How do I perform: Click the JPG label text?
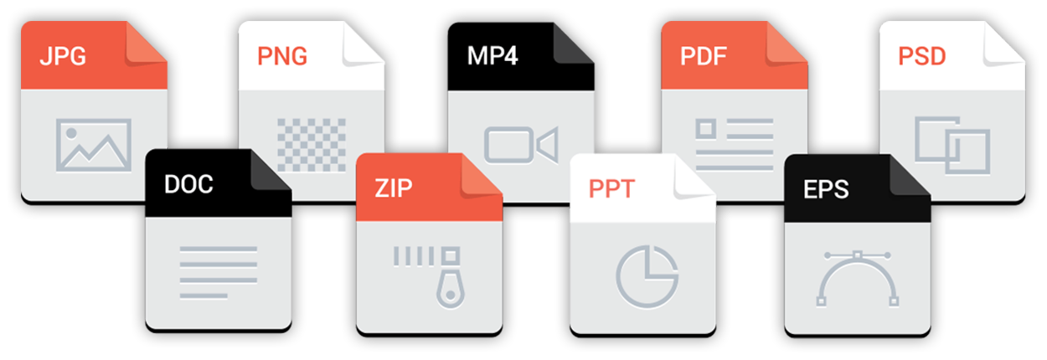(x=64, y=58)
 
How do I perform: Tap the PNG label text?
(x=282, y=58)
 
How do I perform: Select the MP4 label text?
(x=493, y=58)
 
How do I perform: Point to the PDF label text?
(x=704, y=58)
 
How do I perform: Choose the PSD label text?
(x=921, y=58)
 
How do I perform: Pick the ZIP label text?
(x=394, y=188)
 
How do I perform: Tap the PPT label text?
(x=612, y=188)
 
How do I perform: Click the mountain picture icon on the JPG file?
(x=93, y=145)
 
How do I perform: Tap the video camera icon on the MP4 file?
(x=521, y=145)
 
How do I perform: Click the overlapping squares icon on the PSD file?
(x=952, y=143)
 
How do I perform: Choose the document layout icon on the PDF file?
(x=734, y=139)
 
